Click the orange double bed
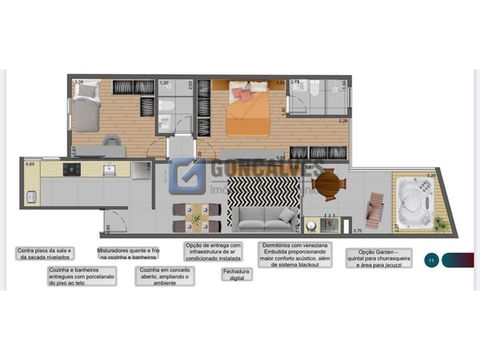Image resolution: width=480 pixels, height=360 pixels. (247, 110)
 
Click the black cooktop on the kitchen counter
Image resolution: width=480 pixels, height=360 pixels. (71, 170)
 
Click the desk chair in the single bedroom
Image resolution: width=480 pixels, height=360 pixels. (111, 141)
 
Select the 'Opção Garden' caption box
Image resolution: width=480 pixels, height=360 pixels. (379, 258)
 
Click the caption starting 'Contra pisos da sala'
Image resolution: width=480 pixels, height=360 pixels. (44, 253)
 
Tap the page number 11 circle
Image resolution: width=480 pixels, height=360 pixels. (431, 260)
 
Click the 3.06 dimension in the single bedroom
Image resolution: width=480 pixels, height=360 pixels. (79, 83)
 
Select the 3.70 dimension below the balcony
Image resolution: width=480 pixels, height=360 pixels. (357, 231)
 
